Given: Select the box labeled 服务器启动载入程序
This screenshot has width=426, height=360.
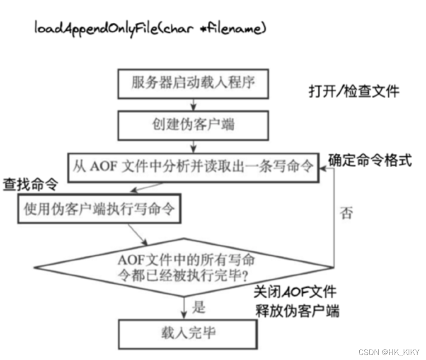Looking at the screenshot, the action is pyautogui.click(x=193, y=84).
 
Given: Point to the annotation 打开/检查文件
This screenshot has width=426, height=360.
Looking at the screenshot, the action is pyautogui.click(x=354, y=91).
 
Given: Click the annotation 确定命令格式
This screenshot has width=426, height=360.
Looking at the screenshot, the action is pyautogui.click(x=370, y=160).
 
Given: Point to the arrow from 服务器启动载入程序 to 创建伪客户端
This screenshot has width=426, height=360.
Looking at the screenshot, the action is pyautogui.click(x=193, y=104).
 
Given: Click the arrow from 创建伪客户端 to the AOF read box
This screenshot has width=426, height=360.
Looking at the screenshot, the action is pyautogui.click(x=193, y=146).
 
